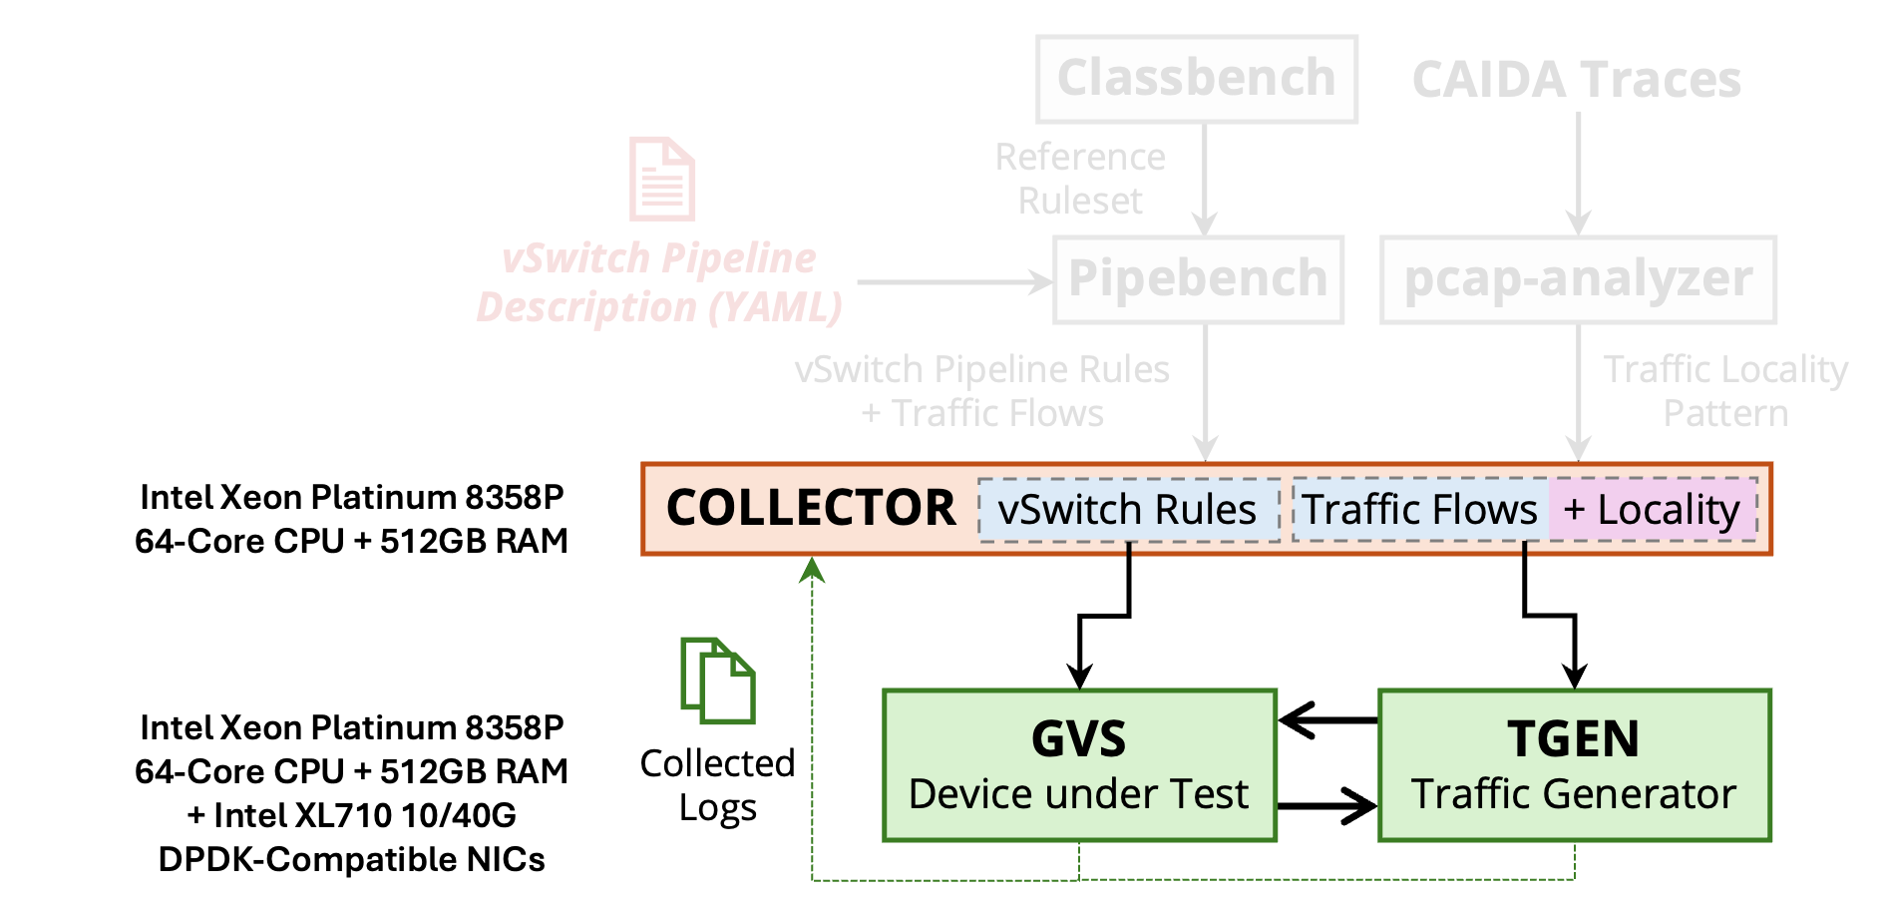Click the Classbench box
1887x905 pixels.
(1197, 79)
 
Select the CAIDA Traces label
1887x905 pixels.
(1577, 80)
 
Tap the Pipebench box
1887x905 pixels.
(1198, 279)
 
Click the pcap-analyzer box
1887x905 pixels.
(1578, 279)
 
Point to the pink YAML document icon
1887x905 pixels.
(662, 179)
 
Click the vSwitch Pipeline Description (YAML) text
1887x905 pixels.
(659, 283)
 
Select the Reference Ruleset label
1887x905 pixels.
(1080, 179)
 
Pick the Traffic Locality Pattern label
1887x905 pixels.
(1725, 391)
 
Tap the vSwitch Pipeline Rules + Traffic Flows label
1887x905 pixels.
(982, 391)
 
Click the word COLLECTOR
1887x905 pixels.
(811, 508)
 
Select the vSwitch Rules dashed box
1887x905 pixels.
(1128, 510)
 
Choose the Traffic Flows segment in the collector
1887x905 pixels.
(1420, 510)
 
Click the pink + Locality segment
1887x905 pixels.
(1652, 510)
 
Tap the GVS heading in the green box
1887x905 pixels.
(1079, 739)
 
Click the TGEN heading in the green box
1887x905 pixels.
(1574, 739)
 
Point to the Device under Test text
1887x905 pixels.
(1079, 794)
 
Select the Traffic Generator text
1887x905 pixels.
(1574, 794)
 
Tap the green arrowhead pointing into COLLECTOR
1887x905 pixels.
(813, 570)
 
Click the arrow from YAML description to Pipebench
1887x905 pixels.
(952, 282)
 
